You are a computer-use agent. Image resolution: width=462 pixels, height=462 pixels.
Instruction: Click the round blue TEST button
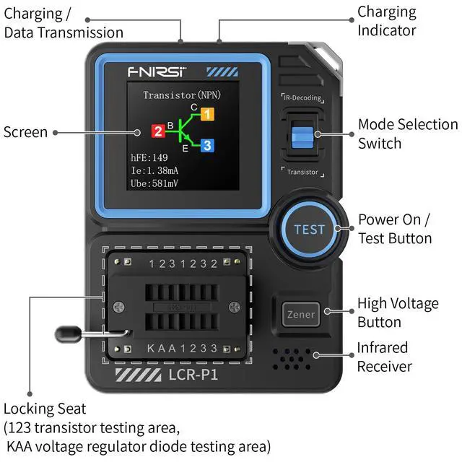point(309,230)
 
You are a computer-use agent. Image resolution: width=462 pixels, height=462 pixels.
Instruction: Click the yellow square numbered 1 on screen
point(206,114)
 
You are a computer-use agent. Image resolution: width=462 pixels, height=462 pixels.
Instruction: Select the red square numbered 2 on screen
point(157,131)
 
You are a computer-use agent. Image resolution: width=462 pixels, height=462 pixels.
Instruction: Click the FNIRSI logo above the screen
point(157,72)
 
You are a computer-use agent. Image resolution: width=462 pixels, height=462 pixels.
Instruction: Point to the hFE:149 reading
point(149,157)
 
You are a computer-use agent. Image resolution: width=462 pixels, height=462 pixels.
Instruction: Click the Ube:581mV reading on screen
point(154,183)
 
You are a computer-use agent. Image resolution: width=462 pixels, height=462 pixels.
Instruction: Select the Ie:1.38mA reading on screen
point(154,170)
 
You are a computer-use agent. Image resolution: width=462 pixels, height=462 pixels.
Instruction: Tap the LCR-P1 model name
point(193,376)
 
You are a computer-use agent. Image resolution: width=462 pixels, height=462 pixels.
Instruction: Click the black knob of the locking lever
point(66,334)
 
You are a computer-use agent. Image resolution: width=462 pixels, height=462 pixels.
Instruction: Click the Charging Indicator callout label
point(387,21)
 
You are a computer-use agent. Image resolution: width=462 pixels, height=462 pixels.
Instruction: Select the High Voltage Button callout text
point(398,313)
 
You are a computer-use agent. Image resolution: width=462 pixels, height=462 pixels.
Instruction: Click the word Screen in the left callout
point(25,132)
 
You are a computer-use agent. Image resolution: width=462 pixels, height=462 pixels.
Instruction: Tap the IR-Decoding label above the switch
point(302,97)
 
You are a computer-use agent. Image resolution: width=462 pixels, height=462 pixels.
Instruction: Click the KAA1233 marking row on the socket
point(183,349)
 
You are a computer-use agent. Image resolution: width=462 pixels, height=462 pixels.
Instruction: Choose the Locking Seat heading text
point(45,409)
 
